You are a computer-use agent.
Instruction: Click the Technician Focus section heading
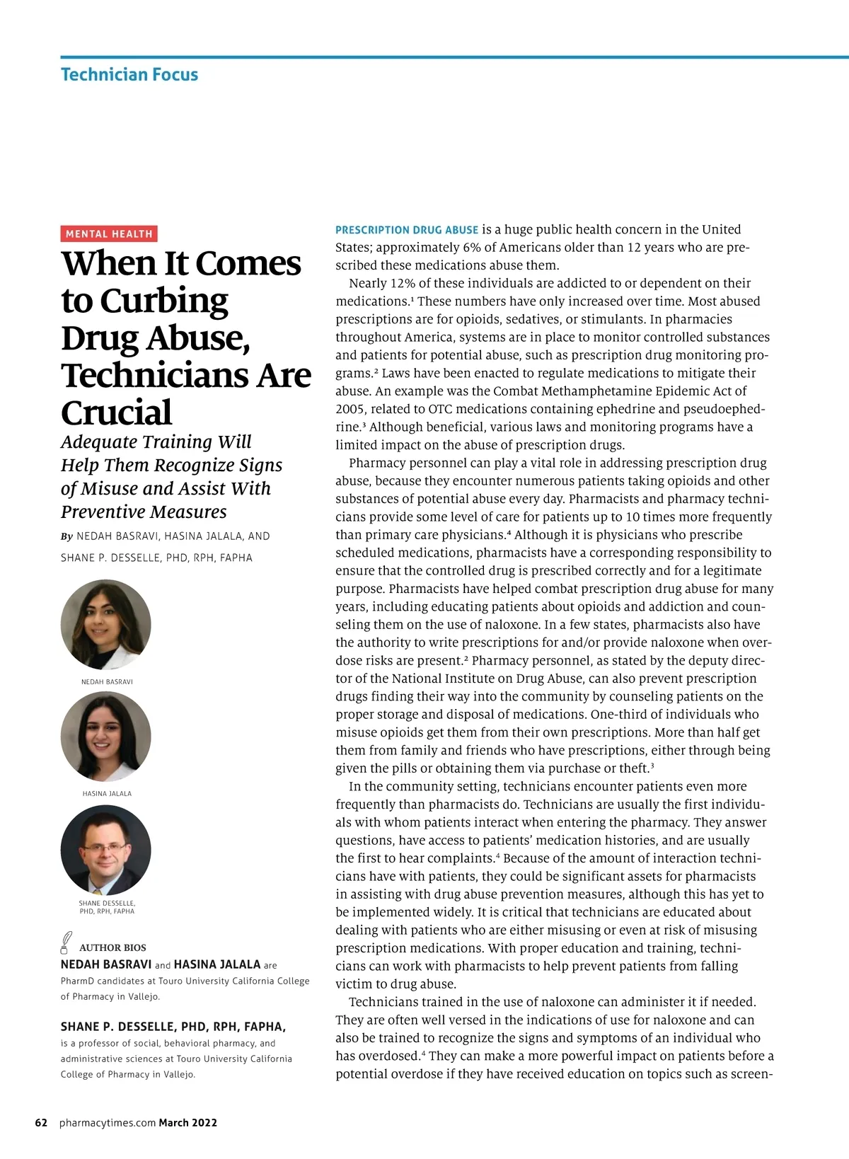(x=129, y=74)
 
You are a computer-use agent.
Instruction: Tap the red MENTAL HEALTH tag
(x=109, y=233)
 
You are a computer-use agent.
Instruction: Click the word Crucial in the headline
(x=117, y=413)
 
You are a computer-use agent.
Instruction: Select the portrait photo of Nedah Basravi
(x=106, y=625)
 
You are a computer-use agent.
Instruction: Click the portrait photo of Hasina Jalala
(x=106, y=737)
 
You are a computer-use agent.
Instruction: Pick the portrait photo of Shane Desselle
(x=106, y=850)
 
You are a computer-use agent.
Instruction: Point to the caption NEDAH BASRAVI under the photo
(x=107, y=682)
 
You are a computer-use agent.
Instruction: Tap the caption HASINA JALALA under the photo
(x=107, y=794)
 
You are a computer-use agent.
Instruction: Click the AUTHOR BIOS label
(x=112, y=947)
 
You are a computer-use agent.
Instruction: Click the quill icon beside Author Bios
(x=66, y=942)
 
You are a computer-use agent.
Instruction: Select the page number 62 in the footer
(x=41, y=1123)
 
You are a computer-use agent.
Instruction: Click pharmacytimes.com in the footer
(x=108, y=1123)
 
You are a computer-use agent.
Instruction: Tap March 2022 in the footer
(x=188, y=1123)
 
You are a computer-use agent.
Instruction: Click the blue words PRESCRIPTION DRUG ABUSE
(x=407, y=230)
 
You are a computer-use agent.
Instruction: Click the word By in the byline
(x=67, y=536)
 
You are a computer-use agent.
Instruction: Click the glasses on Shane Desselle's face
(x=105, y=846)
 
